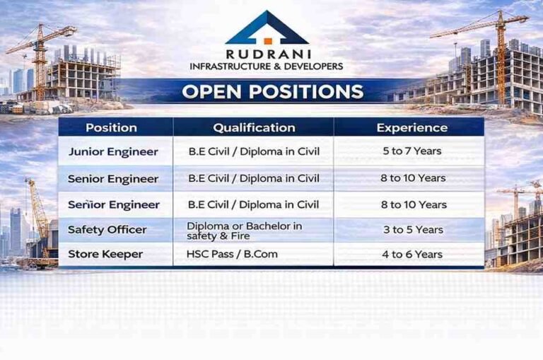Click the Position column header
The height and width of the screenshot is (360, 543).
pyautogui.click(x=111, y=128)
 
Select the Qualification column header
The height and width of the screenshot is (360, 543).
pyautogui.click(x=254, y=128)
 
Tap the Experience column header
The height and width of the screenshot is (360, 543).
pyautogui.click(x=411, y=128)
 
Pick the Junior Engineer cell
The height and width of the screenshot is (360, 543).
pyautogui.click(x=113, y=151)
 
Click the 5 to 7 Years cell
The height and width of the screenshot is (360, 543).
pyautogui.click(x=411, y=151)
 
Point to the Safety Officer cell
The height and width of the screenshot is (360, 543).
pyautogui.click(x=107, y=230)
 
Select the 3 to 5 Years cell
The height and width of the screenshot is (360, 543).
pyautogui.click(x=411, y=230)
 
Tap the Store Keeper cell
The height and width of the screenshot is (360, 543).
pyautogui.click(x=105, y=254)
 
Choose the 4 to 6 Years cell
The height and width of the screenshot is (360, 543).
pyautogui.click(x=411, y=254)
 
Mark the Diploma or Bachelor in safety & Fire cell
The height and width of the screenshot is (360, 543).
pyautogui.click(x=244, y=230)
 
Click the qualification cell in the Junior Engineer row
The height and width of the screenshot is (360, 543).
pyautogui.click(x=254, y=151)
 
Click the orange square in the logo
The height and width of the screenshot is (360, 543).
pyautogui.click(x=267, y=40)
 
